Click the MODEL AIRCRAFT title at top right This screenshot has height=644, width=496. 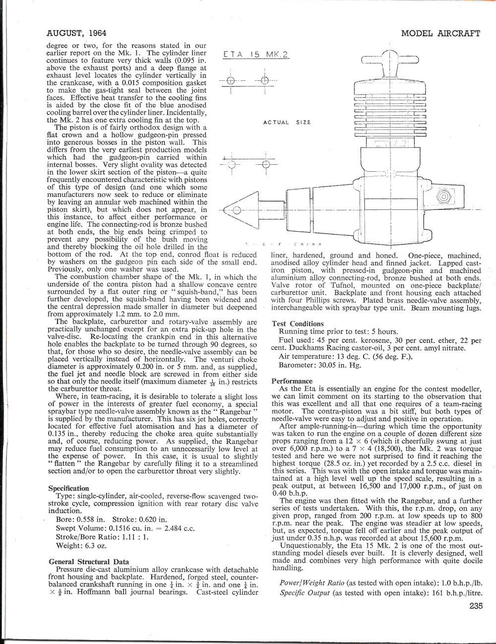point(440,34)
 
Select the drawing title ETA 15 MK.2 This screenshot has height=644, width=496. point(255,55)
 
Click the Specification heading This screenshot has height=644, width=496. point(68,488)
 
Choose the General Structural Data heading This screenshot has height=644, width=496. point(89,562)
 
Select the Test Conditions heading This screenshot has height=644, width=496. point(298,323)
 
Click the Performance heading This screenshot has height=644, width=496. point(291,381)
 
